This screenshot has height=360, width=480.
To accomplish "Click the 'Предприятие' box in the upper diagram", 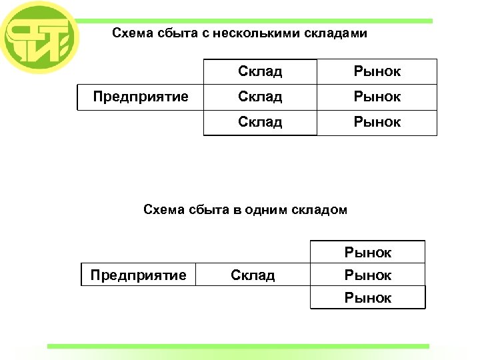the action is coord(141,97).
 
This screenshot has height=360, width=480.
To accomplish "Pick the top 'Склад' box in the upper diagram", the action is coord(260,71).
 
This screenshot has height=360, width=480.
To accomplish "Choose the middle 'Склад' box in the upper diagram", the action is coord(260,97).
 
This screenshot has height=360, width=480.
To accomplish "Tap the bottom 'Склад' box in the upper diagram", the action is coord(260,122).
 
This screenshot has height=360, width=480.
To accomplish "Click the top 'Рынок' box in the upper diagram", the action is coord(377,71).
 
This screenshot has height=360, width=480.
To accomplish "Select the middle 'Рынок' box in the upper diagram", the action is coord(377,97).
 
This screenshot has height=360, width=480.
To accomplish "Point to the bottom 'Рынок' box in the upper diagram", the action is coord(377,122).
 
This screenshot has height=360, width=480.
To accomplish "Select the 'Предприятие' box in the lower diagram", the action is coord(139,275).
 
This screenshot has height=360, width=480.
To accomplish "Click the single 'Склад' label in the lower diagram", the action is coord(253,275).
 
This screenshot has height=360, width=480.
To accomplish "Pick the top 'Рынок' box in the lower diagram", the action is coord(368,252).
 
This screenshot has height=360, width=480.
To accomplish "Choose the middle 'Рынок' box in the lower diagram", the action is coord(368,275).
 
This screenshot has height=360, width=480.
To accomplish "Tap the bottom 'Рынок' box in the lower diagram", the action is coord(368,297).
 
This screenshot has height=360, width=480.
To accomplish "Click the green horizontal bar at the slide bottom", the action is coord(238,346).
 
